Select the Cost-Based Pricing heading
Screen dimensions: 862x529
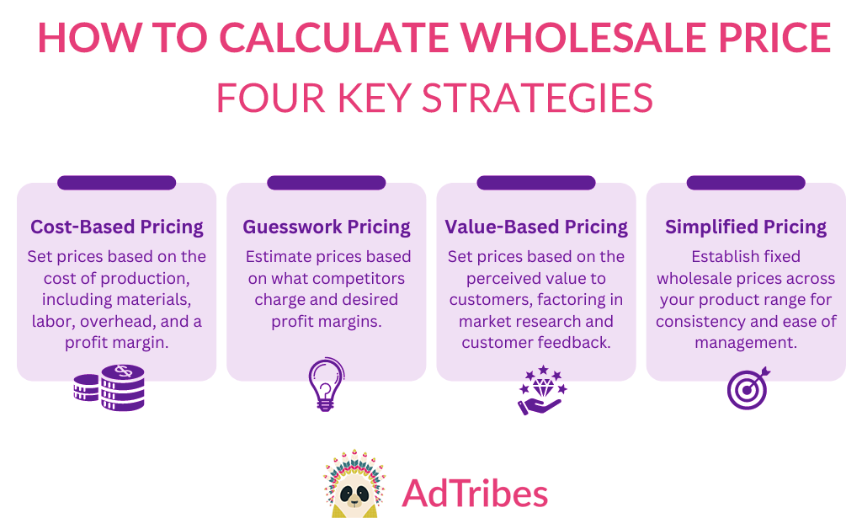(116, 227)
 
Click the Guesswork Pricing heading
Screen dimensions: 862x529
(327, 227)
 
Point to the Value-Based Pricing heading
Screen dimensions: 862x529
(536, 227)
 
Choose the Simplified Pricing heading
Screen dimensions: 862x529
(746, 227)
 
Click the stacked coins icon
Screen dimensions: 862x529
(109, 387)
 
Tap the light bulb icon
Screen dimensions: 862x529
(326, 384)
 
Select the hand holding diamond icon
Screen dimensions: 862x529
(542, 390)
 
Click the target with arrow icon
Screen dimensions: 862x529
(748, 388)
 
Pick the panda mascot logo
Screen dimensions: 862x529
(354, 484)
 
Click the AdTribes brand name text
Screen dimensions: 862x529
(475, 494)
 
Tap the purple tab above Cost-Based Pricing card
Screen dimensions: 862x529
(116, 183)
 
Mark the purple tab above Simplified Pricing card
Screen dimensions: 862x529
(746, 183)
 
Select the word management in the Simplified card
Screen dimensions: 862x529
(746, 343)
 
